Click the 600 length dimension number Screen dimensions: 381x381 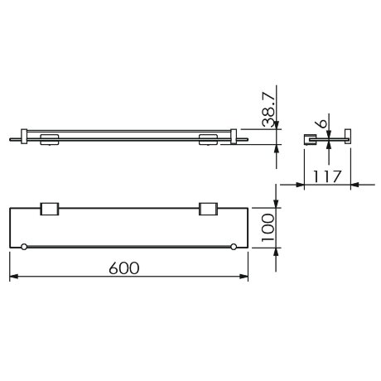[123, 268]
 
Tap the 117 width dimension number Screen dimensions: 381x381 [328, 175]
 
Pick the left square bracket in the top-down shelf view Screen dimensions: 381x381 [49, 210]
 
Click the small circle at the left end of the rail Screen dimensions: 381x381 [25, 247]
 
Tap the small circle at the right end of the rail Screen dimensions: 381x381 [234, 247]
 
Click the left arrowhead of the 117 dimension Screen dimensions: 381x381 [307, 185]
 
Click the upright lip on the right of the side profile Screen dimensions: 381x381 [348, 135]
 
